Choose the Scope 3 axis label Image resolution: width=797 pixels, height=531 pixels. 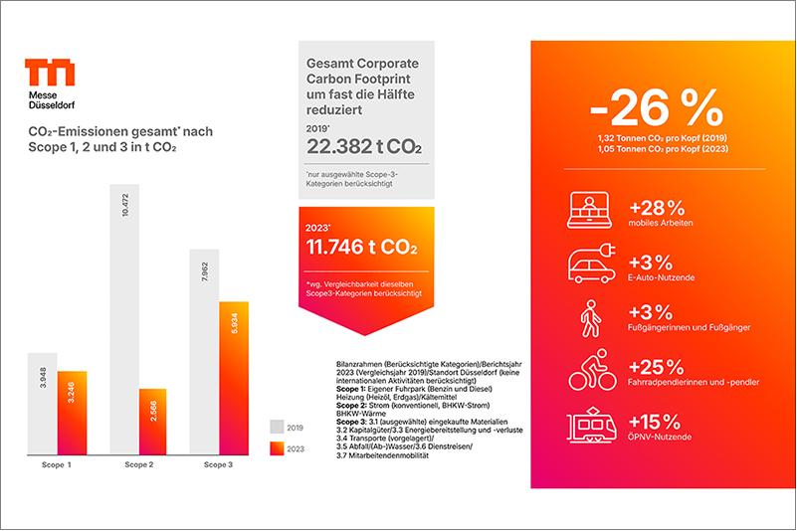pyautogui.click(x=219, y=463)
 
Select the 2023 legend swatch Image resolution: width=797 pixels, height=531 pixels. pyautogui.click(x=278, y=447)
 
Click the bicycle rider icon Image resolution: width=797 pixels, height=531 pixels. pyautogui.click(x=591, y=375)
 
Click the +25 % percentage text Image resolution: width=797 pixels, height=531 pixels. pyautogui.click(x=657, y=365)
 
